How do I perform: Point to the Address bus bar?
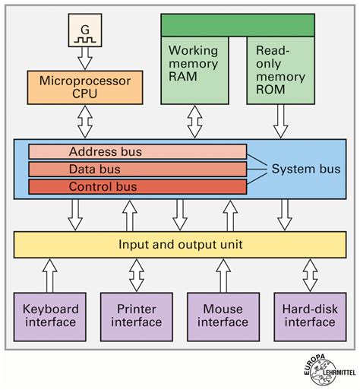(x=137, y=152)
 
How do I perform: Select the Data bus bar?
(x=137, y=169)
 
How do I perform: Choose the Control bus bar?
(x=137, y=185)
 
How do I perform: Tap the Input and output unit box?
(x=180, y=244)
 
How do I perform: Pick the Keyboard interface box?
(x=49, y=315)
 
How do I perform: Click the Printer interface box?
(x=137, y=315)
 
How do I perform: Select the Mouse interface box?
(x=223, y=315)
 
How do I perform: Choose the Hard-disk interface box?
(x=310, y=315)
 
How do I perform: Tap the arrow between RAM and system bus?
(x=194, y=121)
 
